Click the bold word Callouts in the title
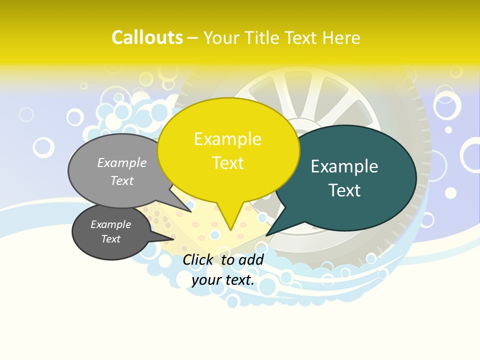(x=147, y=37)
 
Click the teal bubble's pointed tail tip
(x=266, y=235)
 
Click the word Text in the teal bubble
(x=344, y=190)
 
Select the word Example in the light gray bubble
(x=122, y=162)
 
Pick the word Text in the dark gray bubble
(x=111, y=239)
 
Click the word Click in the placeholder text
(x=198, y=259)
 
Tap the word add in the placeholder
(x=251, y=259)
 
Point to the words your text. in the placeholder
(x=223, y=280)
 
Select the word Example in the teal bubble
(x=344, y=166)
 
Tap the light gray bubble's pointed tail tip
(x=191, y=211)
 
